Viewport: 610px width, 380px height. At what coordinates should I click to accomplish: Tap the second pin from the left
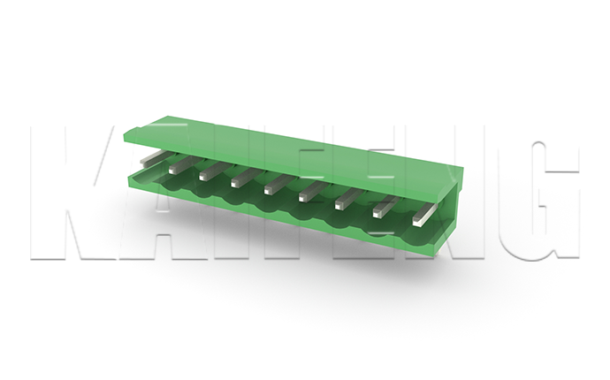[x=185, y=164]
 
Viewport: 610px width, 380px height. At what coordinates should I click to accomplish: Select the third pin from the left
[x=214, y=171]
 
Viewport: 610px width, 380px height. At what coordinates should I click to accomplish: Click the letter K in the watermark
[x=62, y=193]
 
